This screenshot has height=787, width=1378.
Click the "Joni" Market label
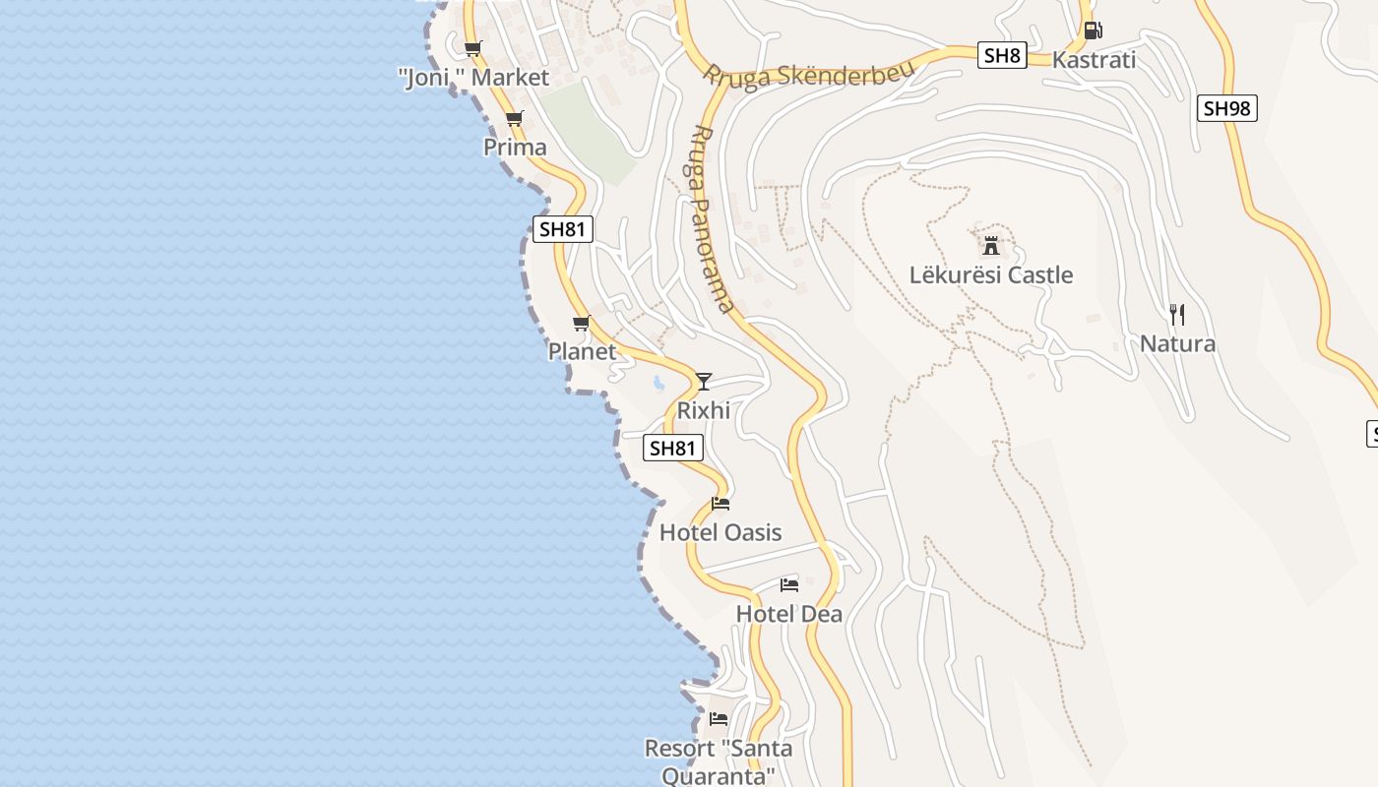pos(473,77)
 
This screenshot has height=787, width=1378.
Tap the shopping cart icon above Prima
pos(514,119)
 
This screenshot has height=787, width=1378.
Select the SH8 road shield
pos(1002,55)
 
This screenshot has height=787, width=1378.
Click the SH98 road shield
pos(1227,108)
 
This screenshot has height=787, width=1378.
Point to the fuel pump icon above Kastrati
pos(1092,30)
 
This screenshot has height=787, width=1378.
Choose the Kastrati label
pos(1094,60)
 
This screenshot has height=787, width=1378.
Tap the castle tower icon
pos(991,245)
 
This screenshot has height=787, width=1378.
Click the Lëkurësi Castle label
pos(991,275)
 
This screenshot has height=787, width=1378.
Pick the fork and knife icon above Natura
pos(1176,315)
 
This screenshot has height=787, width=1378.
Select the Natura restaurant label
pos(1177,344)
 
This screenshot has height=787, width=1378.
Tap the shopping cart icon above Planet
pos(582,323)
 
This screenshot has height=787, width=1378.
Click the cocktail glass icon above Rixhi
pos(703,382)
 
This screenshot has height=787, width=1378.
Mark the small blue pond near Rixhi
pos(658,383)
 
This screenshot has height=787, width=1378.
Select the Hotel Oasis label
pos(720,533)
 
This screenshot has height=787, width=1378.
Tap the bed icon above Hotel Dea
pos(788,585)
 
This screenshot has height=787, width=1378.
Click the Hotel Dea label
pos(789,615)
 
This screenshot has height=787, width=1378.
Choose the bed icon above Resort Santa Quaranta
pos(719,719)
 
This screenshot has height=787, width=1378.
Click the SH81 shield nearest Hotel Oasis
pos(673,449)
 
